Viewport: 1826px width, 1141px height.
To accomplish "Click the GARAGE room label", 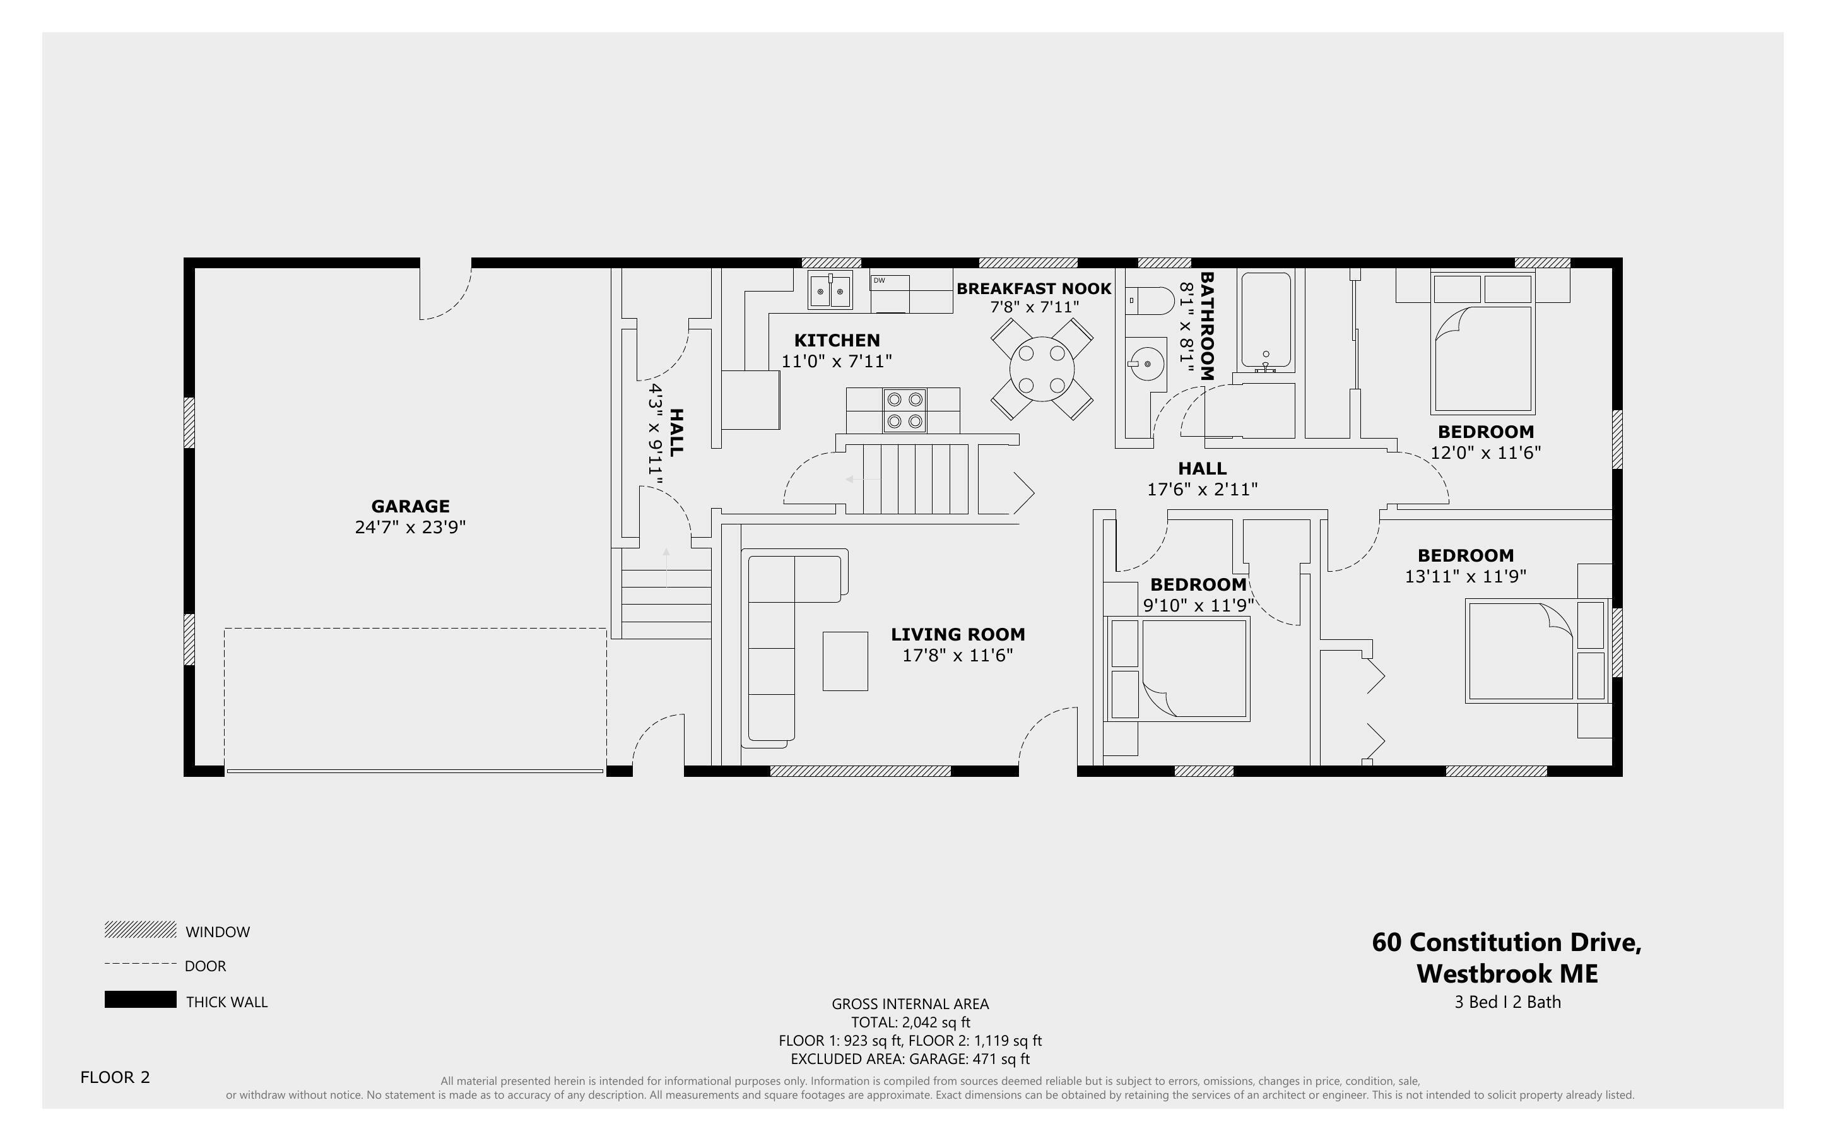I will click(409, 506).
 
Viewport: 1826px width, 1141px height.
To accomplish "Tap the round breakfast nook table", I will click(1041, 369).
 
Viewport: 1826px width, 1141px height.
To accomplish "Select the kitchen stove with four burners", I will click(904, 410).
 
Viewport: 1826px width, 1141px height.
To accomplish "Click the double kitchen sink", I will click(830, 290).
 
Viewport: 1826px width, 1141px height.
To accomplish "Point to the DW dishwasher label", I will click(879, 281).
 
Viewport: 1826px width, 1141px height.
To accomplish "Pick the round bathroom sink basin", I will click(1146, 364).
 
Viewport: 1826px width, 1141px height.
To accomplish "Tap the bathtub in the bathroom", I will click(1266, 321).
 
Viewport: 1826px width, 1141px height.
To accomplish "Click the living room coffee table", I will click(845, 661).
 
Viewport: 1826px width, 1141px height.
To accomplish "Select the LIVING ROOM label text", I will click(957, 635).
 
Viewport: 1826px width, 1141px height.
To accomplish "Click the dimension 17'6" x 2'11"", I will click(1201, 490).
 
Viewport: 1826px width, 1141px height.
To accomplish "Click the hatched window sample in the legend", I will click(140, 930).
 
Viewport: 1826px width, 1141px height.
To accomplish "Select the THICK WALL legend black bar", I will click(140, 999).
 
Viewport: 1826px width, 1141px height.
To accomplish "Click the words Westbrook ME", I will click(1506, 974).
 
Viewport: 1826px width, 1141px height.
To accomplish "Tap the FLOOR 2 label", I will click(115, 1077).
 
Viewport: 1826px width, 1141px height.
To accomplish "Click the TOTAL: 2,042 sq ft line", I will click(910, 1022).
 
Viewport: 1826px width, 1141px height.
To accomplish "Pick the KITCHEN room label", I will click(837, 340).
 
